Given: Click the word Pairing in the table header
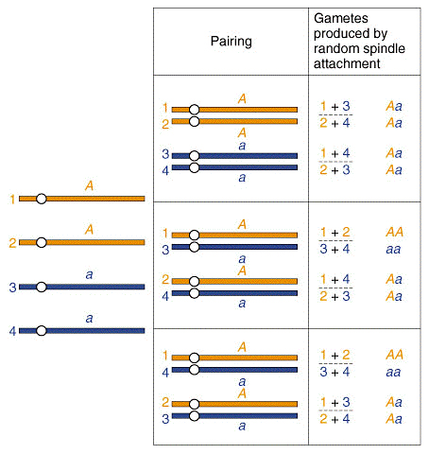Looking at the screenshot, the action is (x=232, y=42).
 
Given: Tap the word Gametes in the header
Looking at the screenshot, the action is (x=341, y=18).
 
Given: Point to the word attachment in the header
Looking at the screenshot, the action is (x=347, y=63).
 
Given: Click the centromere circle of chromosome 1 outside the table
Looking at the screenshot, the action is (x=42, y=199).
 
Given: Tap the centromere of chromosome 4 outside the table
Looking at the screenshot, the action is (x=42, y=331).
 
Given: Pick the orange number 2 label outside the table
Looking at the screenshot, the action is (x=12, y=243).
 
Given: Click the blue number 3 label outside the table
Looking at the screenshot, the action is (x=12, y=288).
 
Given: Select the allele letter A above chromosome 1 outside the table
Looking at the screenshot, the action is (x=90, y=185).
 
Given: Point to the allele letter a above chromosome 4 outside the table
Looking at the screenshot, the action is (x=90, y=319).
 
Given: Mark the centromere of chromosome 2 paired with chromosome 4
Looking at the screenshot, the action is (x=195, y=281).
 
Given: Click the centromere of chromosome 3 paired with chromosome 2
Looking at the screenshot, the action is (x=195, y=416).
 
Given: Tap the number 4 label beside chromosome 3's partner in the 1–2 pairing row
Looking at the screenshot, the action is (x=165, y=170).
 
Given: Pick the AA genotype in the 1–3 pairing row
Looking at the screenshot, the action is (x=394, y=233).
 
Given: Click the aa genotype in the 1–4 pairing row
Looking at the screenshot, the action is (x=393, y=373).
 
